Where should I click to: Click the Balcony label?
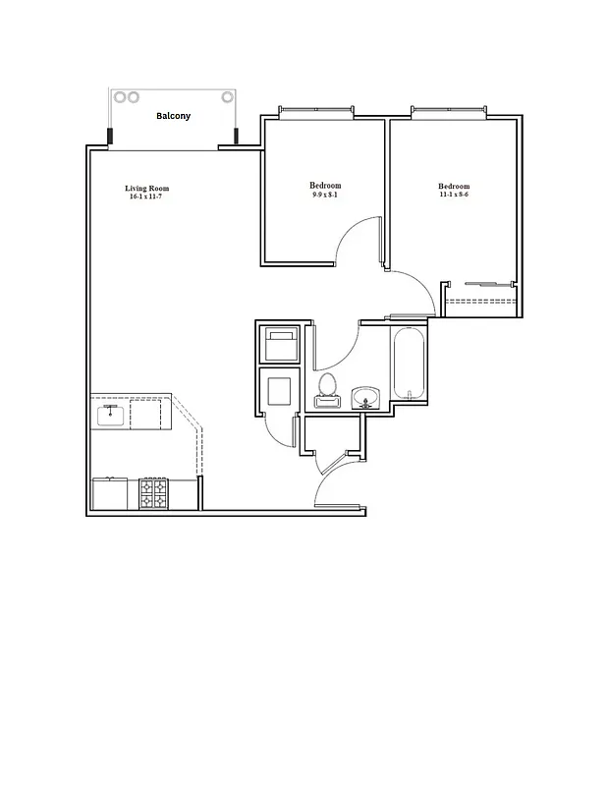click(x=174, y=116)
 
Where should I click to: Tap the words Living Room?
click(x=147, y=188)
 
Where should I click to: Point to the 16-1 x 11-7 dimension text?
click(x=147, y=197)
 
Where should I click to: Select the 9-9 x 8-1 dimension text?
click(x=324, y=196)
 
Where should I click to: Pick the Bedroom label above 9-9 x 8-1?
click(x=325, y=186)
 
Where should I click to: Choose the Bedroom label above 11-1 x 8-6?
click(x=454, y=187)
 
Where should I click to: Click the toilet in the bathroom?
click(x=327, y=390)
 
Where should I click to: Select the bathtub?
click(x=409, y=365)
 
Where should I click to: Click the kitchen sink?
click(x=111, y=414)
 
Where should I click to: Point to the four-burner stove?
click(x=153, y=493)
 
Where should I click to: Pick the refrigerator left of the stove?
click(x=110, y=493)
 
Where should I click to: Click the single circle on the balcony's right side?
click(x=227, y=97)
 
